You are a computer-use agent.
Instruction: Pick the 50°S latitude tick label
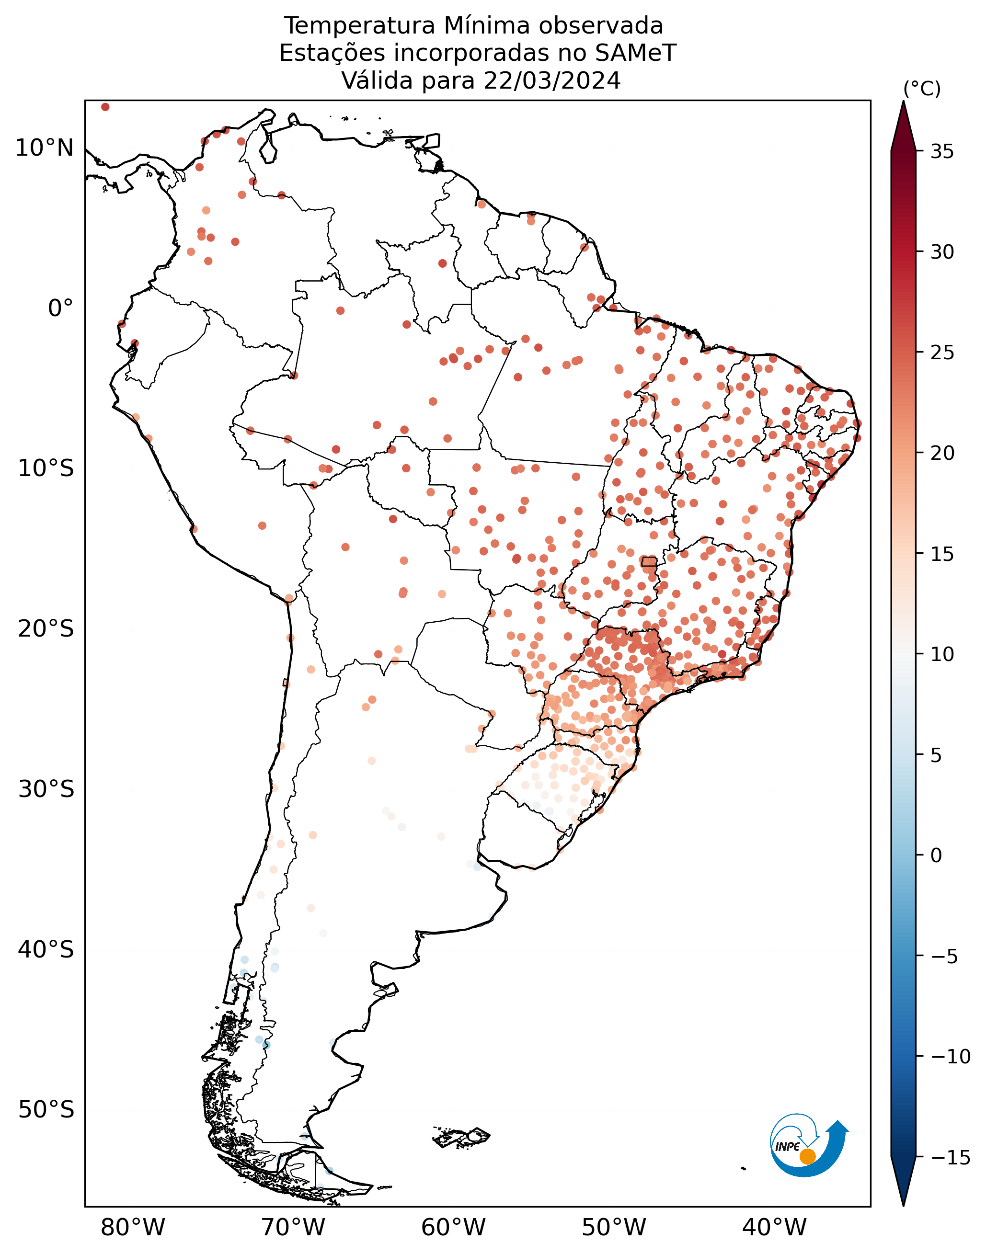tap(46, 1110)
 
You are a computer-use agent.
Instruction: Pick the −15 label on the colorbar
tap(950, 1158)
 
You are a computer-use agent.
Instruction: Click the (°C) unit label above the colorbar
tap(922, 90)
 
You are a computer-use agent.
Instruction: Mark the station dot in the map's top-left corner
tap(105, 107)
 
